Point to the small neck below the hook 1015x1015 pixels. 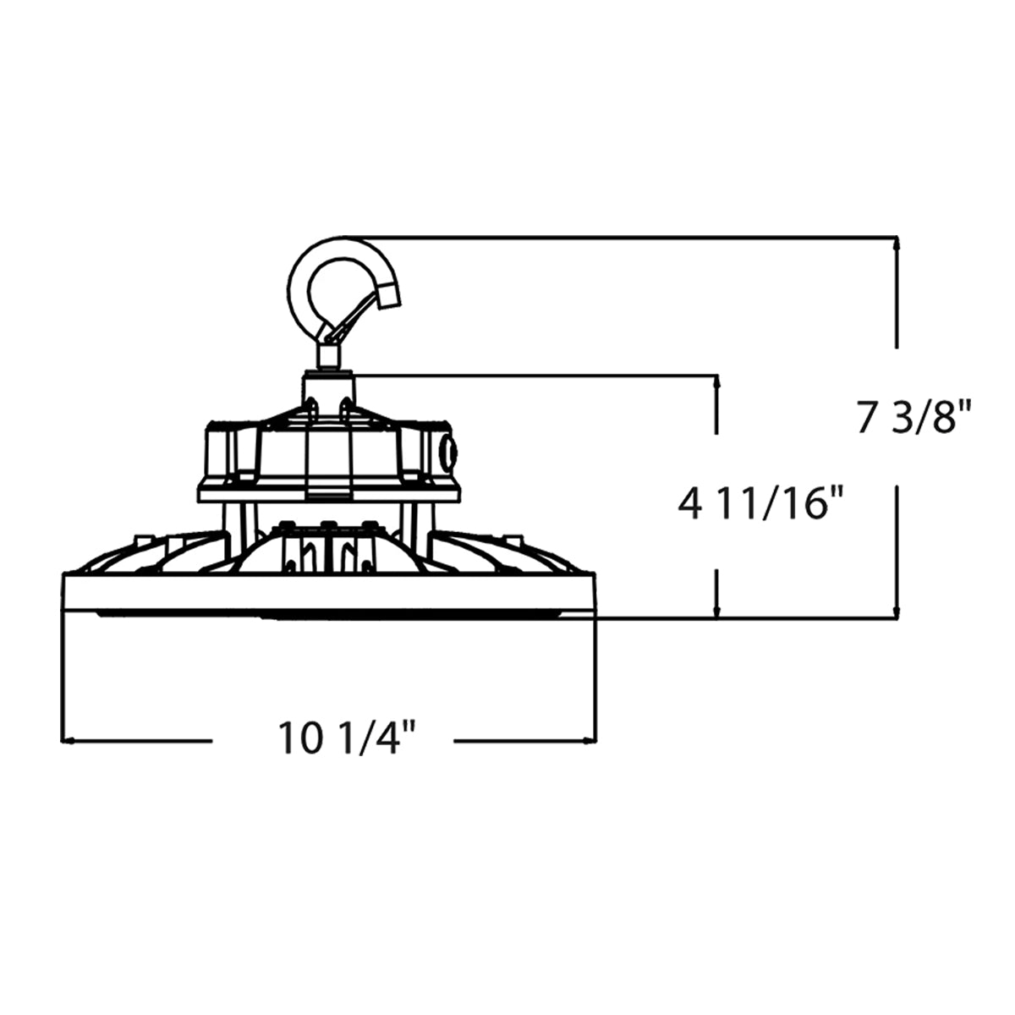328,357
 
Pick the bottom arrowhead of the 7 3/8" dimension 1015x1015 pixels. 897,610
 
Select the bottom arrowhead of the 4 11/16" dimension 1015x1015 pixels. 716,610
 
